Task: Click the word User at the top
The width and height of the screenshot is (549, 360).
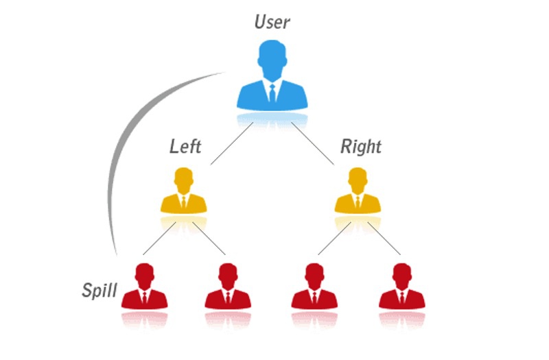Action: click(x=272, y=22)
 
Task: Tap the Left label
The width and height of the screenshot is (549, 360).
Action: click(x=185, y=146)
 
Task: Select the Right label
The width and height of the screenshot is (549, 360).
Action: click(x=361, y=147)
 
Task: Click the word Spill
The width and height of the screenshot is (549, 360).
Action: click(x=100, y=290)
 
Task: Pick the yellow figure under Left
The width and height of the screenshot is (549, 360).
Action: click(x=183, y=191)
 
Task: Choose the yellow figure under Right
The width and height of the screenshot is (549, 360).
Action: click(x=358, y=191)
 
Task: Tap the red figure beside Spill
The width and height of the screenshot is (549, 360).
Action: click(x=144, y=286)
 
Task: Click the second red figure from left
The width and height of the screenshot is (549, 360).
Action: click(x=228, y=286)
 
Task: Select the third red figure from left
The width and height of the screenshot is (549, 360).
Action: click(x=314, y=286)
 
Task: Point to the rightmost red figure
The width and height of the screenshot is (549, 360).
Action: click(x=402, y=286)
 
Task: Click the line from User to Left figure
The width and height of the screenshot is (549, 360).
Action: click(x=232, y=143)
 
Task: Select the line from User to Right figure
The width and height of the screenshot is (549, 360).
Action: click(x=313, y=143)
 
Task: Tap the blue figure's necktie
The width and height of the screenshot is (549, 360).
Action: click(x=272, y=93)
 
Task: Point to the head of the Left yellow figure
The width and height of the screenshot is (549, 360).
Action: click(x=183, y=178)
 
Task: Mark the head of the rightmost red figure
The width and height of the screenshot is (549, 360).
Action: click(x=402, y=274)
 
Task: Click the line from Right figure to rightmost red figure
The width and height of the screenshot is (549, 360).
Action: click(x=384, y=239)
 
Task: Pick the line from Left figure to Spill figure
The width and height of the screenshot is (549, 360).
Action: click(x=160, y=239)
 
